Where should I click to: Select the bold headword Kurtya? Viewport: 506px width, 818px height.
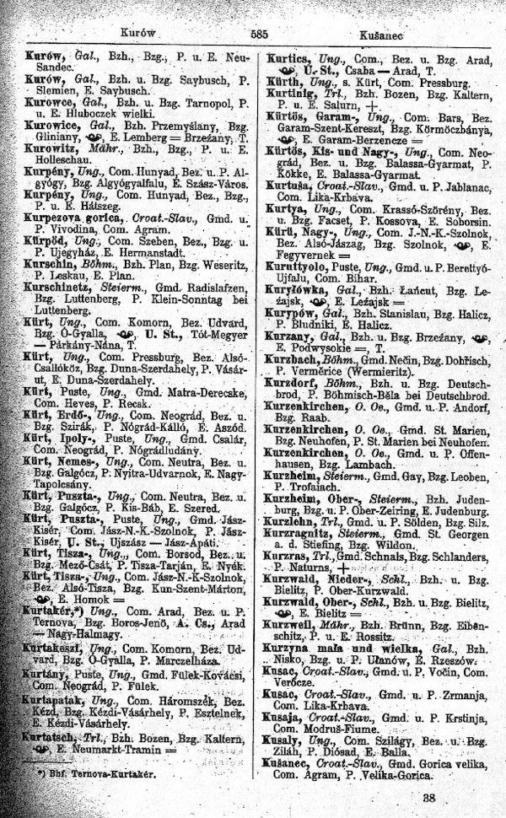click(x=283, y=206)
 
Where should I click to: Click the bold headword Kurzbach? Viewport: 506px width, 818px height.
click(x=292, y=358)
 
